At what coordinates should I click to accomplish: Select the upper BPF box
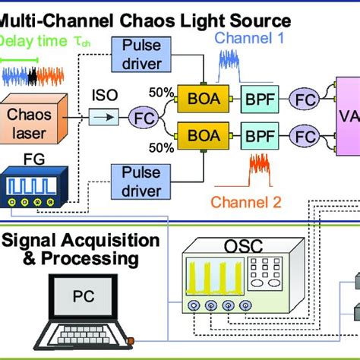(x=261, y=97)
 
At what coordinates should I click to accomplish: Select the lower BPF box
(x=261, y=138)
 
